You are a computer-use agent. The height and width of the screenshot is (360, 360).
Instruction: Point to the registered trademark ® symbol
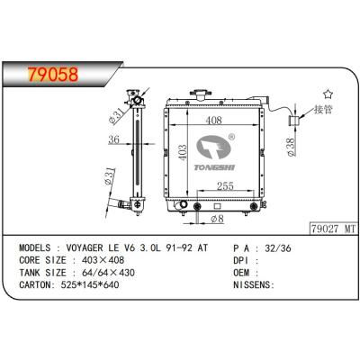[x=231, y=138]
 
